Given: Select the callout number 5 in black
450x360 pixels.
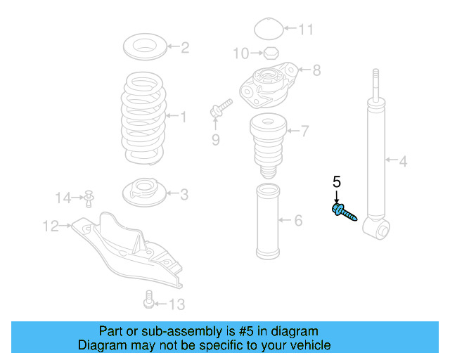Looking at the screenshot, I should [336, 183].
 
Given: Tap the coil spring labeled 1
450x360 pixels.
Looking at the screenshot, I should [146, 116].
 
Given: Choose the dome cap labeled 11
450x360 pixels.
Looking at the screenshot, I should [267, 30].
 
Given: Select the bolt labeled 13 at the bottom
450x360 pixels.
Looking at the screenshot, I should [148, 300].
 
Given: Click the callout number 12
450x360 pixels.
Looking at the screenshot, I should [51, 226].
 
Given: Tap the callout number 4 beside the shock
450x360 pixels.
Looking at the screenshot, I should [403, 163].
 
